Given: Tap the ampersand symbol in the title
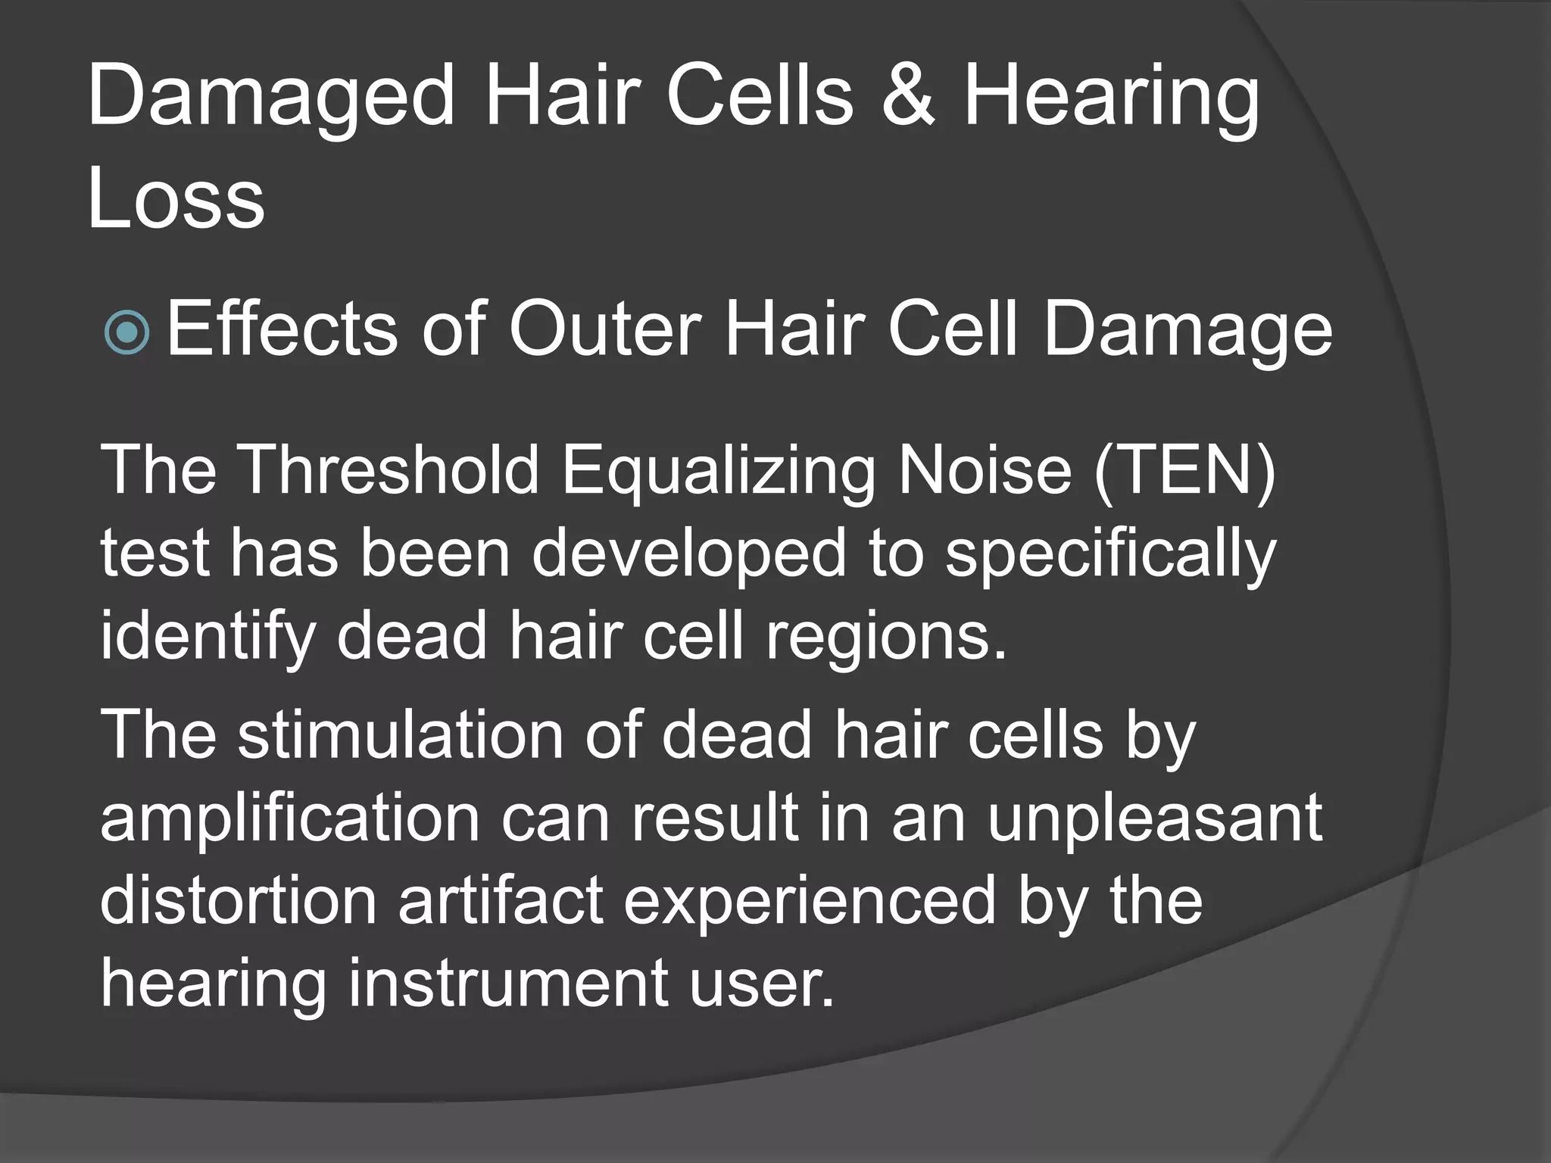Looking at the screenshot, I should pyautogui.click(x=907, y=97).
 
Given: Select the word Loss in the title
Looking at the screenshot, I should pyautogui.click(x=176, y=198).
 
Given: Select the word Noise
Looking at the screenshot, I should pyautogui.click(x=985, y=471).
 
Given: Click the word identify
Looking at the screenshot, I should pyautogui.click(x=207, y=638).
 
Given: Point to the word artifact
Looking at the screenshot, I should pyautogui.click(x=501, y=901).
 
